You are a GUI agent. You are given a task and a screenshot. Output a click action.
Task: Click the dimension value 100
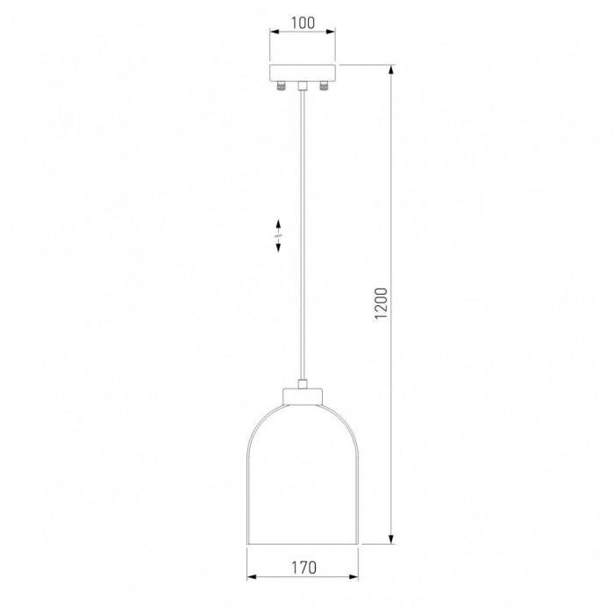[303, 23]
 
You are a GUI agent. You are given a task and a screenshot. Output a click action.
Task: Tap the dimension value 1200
[381, 303]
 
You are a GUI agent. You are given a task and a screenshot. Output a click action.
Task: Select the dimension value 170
[303, 567]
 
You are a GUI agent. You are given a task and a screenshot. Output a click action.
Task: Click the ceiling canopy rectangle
[303, 73]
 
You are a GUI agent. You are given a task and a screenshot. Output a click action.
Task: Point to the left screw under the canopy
[281, 86]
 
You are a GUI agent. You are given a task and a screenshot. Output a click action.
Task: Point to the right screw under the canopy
[324, 86]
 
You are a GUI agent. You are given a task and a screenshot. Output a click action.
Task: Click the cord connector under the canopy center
[303, 86]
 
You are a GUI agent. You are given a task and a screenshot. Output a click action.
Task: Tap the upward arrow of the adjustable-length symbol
[278, 226]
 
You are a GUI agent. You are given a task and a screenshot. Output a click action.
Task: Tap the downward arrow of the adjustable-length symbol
[278, 245]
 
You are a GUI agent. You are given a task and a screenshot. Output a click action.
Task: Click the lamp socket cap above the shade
[303, 396]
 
